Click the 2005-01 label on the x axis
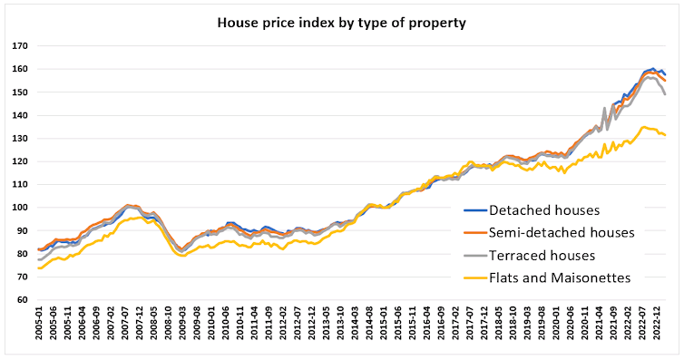tap(40, 328)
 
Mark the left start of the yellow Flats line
tap(38, 268)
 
